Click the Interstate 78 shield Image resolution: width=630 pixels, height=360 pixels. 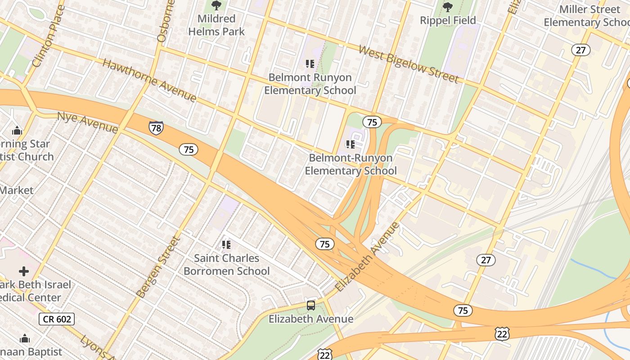(x=156, y=128)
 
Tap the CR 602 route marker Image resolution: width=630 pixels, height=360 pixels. (x=56, y=319)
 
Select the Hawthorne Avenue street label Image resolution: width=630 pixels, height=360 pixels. (x=149, y=80)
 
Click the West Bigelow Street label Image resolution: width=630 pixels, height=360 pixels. (x=408, y=64)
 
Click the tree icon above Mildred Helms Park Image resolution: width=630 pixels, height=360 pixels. (x=216, y=6)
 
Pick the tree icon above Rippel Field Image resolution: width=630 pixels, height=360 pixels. (x=447, y=7)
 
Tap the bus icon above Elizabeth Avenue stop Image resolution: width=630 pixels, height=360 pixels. (x=310, y=305)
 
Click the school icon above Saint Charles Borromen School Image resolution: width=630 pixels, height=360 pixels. (x=226, y=245)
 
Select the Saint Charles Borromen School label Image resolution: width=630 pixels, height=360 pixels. (x=226, y=265)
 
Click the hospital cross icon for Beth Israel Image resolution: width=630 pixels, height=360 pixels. (x=24, y=271)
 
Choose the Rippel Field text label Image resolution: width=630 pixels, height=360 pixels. (x=448, y=20)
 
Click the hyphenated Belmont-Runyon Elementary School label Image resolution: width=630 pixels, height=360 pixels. (x=351, y=164)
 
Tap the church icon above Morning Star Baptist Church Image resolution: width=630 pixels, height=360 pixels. (x=17, y=131)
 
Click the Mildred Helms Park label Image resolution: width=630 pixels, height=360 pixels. (x=216, y=25)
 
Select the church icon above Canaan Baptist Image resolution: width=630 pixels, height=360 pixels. (x=25, y=338)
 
